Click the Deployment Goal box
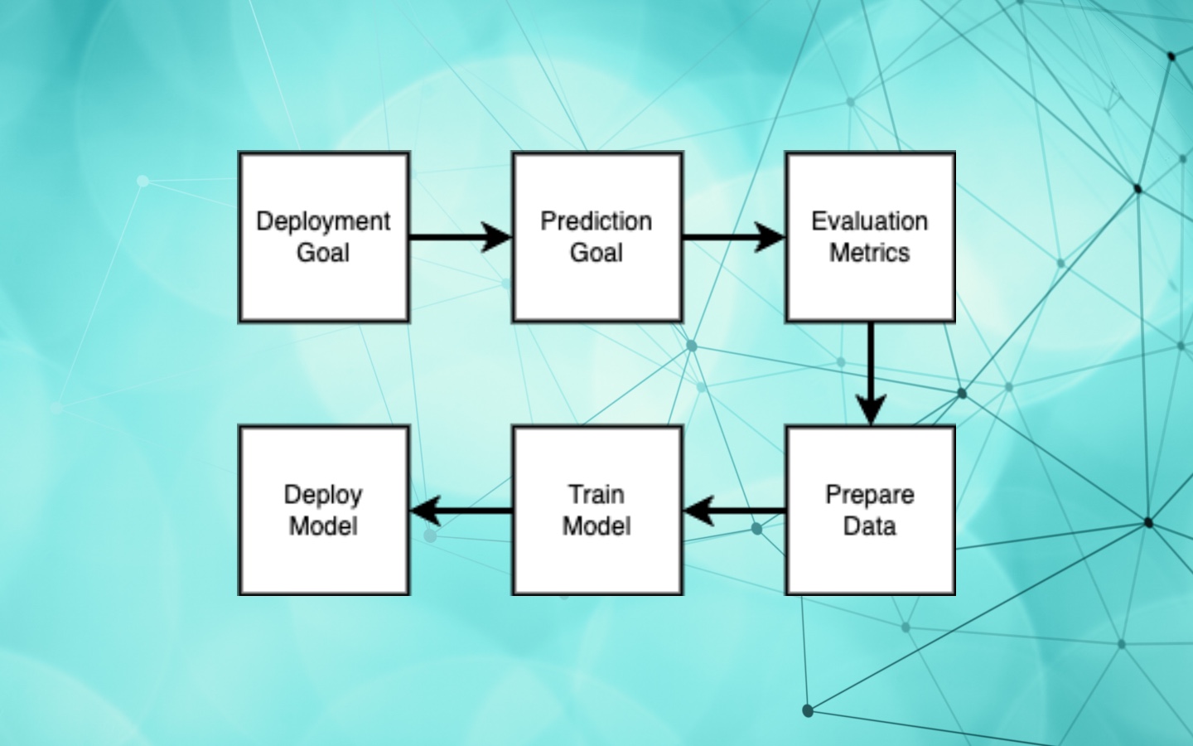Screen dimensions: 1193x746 coord(324,237)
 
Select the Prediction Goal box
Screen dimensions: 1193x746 coord(597,237)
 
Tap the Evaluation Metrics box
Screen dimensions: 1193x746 coord(870,237)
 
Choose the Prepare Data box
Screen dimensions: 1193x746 coord(870,511)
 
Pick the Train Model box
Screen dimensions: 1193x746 coord(597,511)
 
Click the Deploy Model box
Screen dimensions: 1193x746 coord(324,511)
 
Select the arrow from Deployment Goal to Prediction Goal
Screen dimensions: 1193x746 coord(461,237)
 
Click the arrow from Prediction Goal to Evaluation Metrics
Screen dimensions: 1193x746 coord(734,237)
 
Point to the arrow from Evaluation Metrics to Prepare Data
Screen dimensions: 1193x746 coord(871,374)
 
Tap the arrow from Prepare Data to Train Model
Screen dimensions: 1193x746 coord(734,511)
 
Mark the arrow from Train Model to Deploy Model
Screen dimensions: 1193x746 coord(461,511)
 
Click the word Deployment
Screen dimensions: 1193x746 coord(323,222)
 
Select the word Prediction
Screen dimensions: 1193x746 coord(596,221)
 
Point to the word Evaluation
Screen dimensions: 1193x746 coord(870,221)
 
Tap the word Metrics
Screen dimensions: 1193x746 coord(870,253)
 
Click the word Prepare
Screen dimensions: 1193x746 coord(870,496)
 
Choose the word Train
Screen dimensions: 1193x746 coord(597,495)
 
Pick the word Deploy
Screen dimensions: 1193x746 coord(323,496)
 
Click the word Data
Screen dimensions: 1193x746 coord(870,526)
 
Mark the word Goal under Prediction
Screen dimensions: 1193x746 coord(596,253)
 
